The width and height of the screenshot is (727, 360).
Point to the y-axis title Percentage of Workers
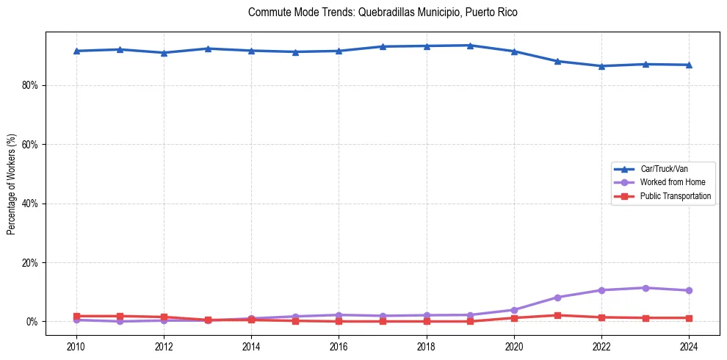pos(11,184)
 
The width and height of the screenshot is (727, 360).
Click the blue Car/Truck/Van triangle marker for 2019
pos(470,46)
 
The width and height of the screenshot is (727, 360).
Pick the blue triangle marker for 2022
pos(601,66)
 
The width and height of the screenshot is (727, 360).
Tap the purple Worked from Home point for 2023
pos(645,288)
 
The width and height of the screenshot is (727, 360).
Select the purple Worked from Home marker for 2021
pos(557,298)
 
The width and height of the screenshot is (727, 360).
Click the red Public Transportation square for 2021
pos(557,315)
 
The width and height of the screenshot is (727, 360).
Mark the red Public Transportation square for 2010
pos(76,316)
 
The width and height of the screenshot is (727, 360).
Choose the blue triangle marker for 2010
pos(76,51)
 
